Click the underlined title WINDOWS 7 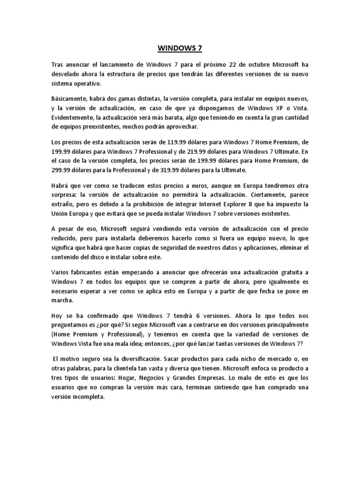(180, 47)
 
